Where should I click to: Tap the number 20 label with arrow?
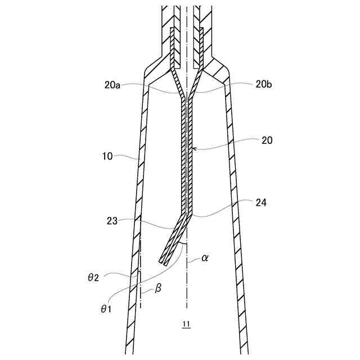[267, 141]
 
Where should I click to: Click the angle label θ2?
[94, 277]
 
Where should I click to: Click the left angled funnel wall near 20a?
[176, 84]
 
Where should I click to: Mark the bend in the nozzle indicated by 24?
[190, 214]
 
